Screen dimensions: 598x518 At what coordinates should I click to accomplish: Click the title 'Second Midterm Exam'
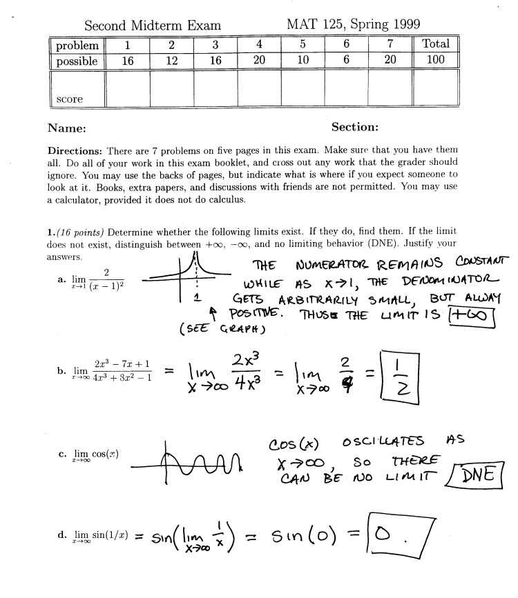(x=152, y=26)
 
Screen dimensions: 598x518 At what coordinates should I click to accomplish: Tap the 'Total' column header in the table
(x=436, y=44)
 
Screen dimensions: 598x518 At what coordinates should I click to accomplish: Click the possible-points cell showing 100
(x=436, y=61)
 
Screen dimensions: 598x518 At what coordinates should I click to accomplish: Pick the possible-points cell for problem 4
(x=259, y=61)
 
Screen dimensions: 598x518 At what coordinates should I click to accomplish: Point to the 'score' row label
(x=69, y=99)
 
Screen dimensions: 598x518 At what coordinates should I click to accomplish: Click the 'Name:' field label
(x=66, y=128)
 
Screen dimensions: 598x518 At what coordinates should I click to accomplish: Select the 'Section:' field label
(x=354, y=127)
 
